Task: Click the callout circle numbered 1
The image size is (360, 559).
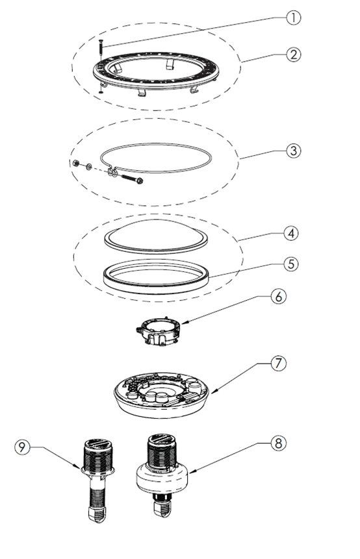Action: pos(294,18)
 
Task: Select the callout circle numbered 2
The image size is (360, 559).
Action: pos(294,54)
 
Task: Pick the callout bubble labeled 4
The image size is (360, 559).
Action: pos(294,232)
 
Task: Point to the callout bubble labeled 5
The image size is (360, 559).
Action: pos(294,264)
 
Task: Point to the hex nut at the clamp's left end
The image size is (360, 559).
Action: pos(77,162)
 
